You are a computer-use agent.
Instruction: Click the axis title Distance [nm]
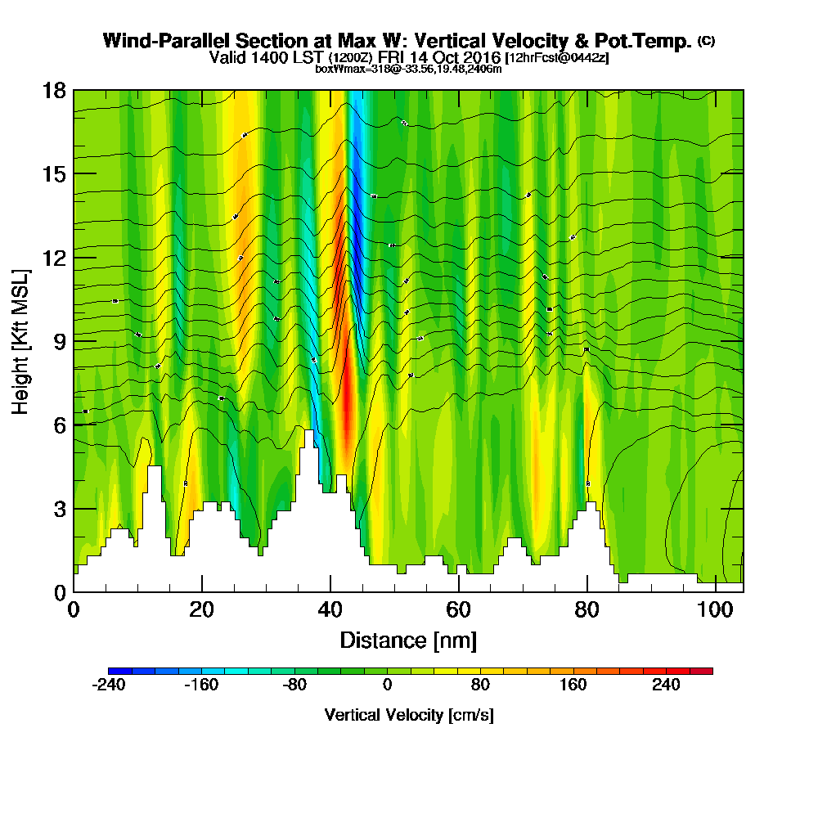(408, 639)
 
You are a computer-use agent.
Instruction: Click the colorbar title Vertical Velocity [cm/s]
(409, 715)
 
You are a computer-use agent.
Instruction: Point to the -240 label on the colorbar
(109, 685)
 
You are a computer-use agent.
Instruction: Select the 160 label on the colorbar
(573, 685)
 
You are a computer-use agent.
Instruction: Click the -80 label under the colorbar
(294, 685)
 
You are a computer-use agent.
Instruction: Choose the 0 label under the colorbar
(387, 685)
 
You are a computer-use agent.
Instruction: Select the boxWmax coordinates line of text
(408, 69)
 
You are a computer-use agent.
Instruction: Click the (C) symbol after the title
(706, 40)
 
